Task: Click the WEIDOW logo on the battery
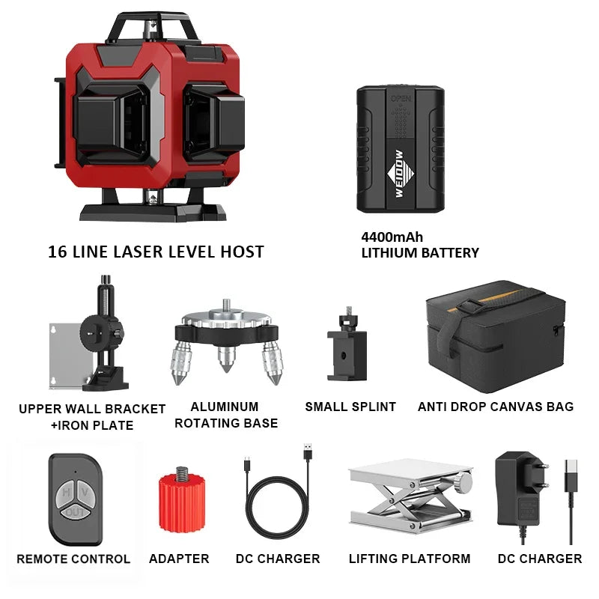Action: pos(400,174)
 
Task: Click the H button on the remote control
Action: pos(65,493)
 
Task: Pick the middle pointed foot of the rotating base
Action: pos(227,359)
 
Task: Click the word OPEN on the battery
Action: pos(401,99)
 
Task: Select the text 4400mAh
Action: pos(392,237)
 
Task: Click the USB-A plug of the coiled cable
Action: pos(308,451)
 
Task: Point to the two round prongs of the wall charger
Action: pos(540,475)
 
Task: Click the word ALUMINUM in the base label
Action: pos(225,407)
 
